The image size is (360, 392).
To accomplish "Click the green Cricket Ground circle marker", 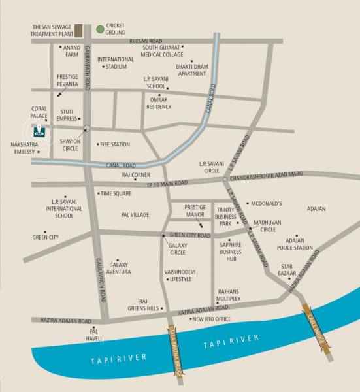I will tap(99, 29).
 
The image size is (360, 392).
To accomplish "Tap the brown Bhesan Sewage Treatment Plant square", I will tap(78, 30).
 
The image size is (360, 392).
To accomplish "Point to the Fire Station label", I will tap(115, 144).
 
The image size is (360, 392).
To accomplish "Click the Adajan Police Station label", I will tap(295, 244).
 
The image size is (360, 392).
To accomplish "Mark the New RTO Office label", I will tap(211, 319).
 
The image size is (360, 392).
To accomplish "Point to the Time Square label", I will tap(116, 193).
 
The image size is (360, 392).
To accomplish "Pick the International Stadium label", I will tap(116, 63).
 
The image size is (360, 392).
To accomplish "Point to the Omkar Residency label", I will tap(158, 103).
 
